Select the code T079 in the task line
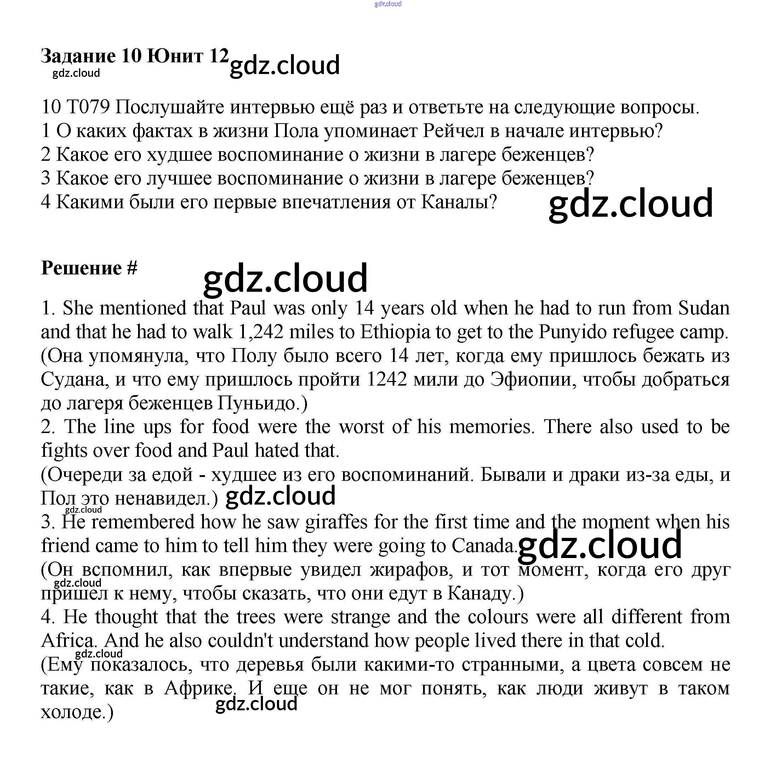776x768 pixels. (x=88, y=107)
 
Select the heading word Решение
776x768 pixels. (x=81, y=268)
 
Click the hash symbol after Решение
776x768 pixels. (x=132, y=268)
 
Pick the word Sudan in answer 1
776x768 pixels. (x=704, y=308)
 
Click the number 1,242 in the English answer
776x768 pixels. (x=261, y=332)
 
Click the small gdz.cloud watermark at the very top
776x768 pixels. (x=388, y=4)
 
